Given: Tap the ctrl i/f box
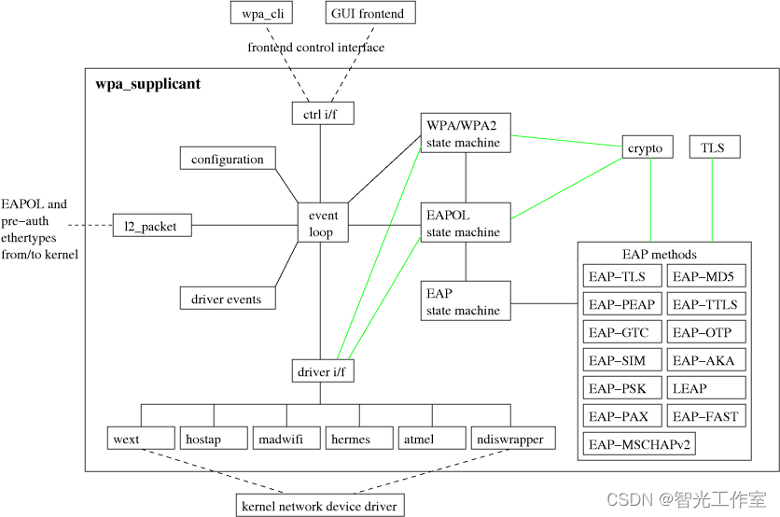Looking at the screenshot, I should point(321,113).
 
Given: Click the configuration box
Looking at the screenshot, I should point(228,160).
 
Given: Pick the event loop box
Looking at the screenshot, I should point(323,224).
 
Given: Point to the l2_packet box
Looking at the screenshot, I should point(151,225).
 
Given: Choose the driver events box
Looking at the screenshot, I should point(227,299).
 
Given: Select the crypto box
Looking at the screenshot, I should point(646,147).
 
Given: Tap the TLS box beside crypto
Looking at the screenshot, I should point(714,147).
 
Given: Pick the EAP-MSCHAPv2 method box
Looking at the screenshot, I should point(639,443).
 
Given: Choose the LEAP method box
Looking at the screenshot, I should point(706,388).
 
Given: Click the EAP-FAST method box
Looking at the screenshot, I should point(706,416).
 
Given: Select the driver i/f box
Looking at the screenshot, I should point(321,372).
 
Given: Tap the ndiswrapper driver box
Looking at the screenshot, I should point(509,439).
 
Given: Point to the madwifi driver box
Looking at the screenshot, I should point(286,439).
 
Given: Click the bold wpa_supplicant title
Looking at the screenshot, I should point(147,85).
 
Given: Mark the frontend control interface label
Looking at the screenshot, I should point(315,48).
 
